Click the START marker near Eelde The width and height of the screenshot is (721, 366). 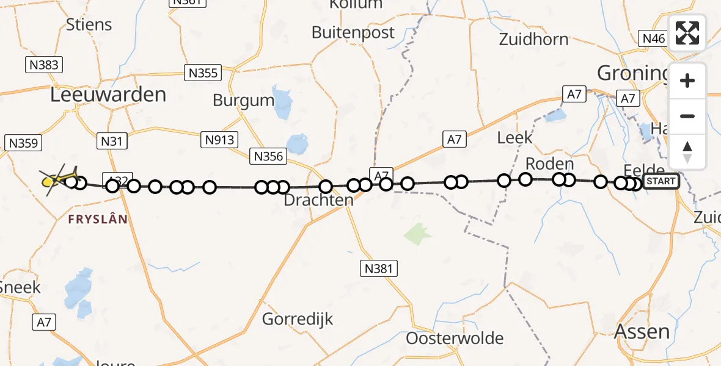(x=661, y=181)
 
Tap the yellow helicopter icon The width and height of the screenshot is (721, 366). (x=58, y=179)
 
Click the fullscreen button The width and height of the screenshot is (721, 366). (x=687, y=33)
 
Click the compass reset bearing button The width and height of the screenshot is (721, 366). (x=687, y=152)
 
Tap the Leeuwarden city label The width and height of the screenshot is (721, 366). (x=108, y=95)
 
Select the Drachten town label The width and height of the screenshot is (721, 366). (x=319, y=200)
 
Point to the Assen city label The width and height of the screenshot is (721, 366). (x=642, y=331)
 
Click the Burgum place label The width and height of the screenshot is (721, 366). (x=243, y=99)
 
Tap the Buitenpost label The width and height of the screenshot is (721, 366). (x=353, y=32)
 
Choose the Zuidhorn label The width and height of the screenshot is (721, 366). (x=533, y=40)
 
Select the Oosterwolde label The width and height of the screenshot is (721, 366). (x=455, y=338)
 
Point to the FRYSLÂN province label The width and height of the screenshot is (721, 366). (x=98, y=219)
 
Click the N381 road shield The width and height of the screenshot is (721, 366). (x=378, y=268)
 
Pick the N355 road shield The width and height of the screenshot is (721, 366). (x=202, y=73)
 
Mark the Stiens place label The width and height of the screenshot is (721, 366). (x=89, y=25)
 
